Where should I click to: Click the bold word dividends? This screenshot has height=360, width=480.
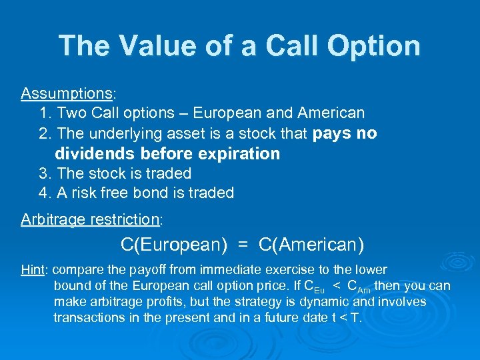tap(95, 154)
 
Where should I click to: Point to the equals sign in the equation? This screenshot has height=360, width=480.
tap(244, 245)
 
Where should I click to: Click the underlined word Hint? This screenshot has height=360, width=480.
tap(32, 270)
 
